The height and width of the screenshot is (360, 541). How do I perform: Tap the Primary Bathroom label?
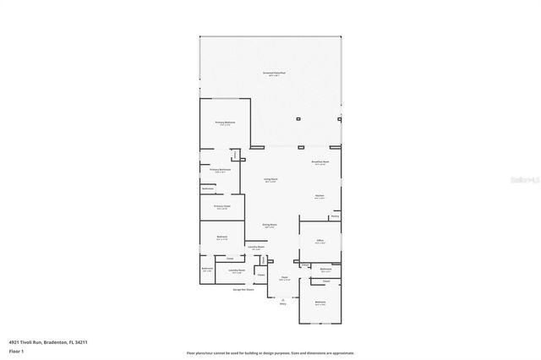tap(220, 169)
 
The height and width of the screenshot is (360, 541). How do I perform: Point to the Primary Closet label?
tap(221, 205)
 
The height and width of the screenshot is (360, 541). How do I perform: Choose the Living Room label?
tap(270, 179)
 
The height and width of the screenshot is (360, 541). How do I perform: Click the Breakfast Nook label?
tap(320, 161)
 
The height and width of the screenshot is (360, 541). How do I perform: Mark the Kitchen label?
tap(320, 195)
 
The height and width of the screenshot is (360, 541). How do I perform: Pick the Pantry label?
tap(335, 216)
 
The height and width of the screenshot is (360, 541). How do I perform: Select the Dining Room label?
tap(270, 224)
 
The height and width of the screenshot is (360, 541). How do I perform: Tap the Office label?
tap(320, 240)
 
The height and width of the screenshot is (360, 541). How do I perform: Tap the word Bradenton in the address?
tap(54, 342)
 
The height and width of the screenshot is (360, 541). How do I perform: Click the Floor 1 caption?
tap(16, 351)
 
